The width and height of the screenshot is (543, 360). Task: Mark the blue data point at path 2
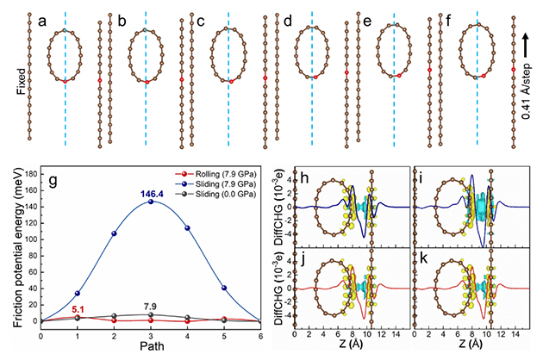(x=113, y=233)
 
